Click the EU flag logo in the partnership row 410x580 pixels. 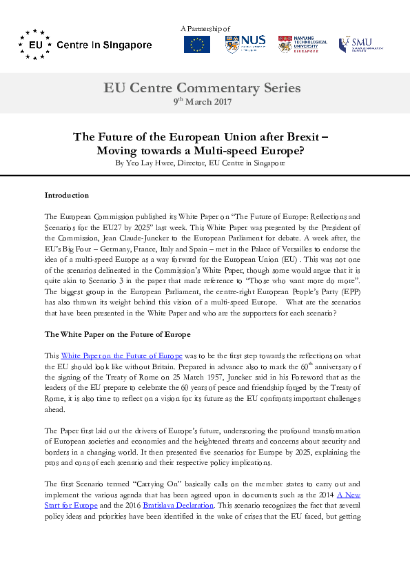coord(197,45)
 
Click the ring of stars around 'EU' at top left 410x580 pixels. coord(34,45)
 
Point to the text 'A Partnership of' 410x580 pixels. coord(205,28)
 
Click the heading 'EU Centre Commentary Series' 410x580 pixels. coord(202,87)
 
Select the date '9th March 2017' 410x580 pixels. coord(202,101)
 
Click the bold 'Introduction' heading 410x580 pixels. coord(66,195)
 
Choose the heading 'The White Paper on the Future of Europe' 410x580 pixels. coord(117,334)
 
